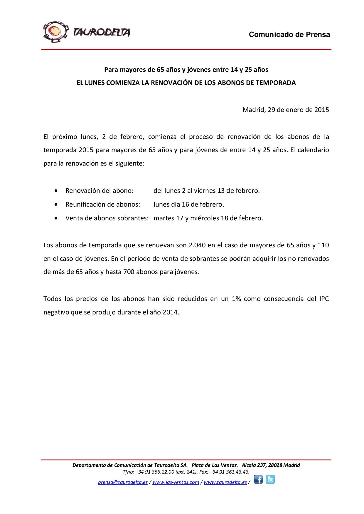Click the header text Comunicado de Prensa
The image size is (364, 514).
(289, 35)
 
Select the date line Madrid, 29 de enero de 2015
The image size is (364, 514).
(285, 110)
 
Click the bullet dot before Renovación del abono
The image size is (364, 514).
(56, 191)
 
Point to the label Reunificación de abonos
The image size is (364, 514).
(102, 205)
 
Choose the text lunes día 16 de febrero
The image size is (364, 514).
(189, 205)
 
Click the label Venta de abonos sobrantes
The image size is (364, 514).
(107, 218)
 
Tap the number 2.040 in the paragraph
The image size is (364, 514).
(197, 245)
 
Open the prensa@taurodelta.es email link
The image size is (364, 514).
(123, 482)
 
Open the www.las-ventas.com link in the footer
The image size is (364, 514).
(176, 482)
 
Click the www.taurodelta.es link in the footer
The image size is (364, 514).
(225, 482)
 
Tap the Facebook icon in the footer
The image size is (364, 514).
(258, 480)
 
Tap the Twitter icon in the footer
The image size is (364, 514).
(270, 480)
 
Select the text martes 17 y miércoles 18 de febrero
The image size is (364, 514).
(208, 218)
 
